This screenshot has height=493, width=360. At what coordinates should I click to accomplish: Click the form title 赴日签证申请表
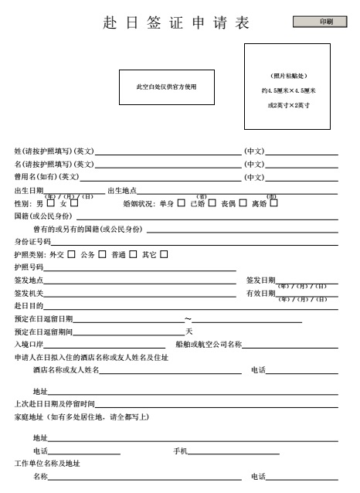[176, 23]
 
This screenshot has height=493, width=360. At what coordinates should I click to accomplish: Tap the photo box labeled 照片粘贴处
[288, 87]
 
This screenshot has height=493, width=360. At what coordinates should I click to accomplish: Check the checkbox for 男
[51, 204]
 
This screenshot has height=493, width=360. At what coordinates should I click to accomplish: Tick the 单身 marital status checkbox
[181, 204]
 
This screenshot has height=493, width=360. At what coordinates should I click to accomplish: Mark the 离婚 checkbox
[273, 204]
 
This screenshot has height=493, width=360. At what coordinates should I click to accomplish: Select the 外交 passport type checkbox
[71, 254]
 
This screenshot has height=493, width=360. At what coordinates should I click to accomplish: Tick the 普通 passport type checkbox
[133, 254]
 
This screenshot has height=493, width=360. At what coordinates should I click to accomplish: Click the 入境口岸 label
[29, 345]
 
